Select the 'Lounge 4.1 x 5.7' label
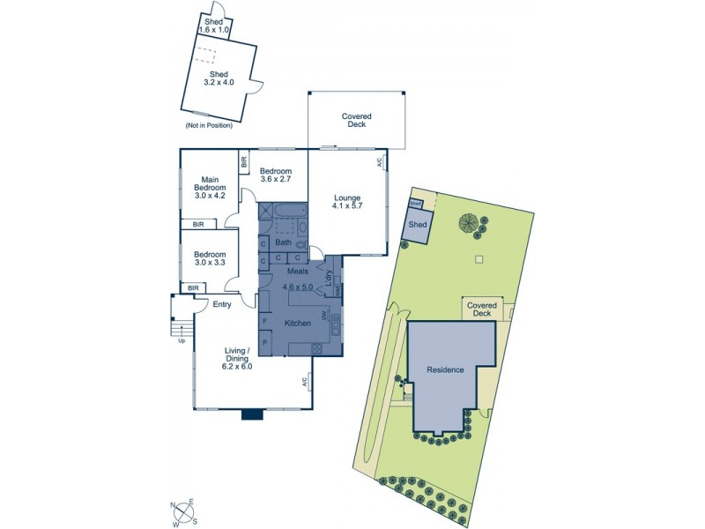[x=348, y=202]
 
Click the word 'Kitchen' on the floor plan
[x=298, y=324]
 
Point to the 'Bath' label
[x=283, y=242]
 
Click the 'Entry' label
[x=222, y=305]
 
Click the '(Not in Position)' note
[x=209, y=125]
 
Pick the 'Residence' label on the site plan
[x=445, y=369]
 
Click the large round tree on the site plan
[x=468, y=223]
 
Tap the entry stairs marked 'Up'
[x=182, y=329]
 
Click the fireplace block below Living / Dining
[x=252, y=413]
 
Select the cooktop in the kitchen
[x=317, y=348]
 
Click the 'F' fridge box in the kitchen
[x=264, y=321]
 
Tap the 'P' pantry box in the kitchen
[x=264, y=342]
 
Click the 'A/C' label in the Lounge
[x=380, y=162]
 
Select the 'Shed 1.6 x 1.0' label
[x=214, y=26]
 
